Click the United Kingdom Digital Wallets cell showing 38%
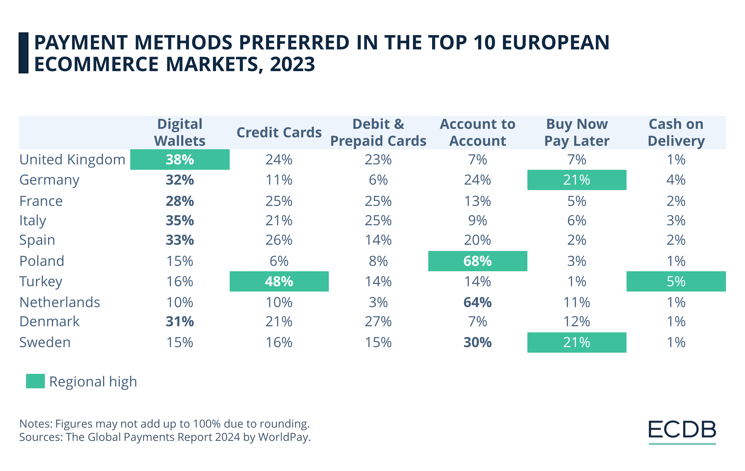click(x=180, y=159)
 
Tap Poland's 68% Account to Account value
click(x=477, y=261)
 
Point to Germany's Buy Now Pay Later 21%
click(x=577, y=180)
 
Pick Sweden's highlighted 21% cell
click(x=577, y=343)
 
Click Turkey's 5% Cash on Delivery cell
click(x=676, y=281)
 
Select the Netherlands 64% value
click(x=477, y=302)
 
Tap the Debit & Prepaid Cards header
click(x=378, y=133)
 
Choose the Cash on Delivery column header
click(x=676, y=133)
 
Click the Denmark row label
click(x=49, y=321)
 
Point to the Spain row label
click(x=37, y=240)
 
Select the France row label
click(x=41, y=201)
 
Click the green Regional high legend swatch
click(x=35, y=381)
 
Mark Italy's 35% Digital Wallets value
click(x=180, y=221)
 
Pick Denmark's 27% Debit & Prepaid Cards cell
click(x=378, y=321)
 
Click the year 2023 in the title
click(x=292, y=64)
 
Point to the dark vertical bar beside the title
click(x=23, y=53)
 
